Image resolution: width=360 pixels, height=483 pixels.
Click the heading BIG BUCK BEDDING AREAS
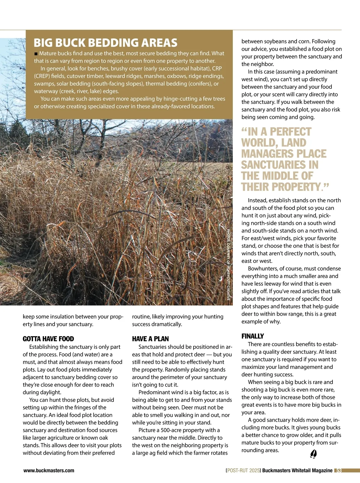[x=105, y=43]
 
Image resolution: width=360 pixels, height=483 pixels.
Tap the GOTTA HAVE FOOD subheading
[x=48, y=339]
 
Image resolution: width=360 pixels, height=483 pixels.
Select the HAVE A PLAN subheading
[x=150, y=339]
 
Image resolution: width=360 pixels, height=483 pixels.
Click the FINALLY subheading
[x=253, y=336]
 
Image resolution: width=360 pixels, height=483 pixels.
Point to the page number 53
[x=339, y=471]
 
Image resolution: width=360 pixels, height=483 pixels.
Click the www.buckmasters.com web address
[x=49, y=471]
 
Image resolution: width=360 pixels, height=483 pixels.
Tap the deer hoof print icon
[x=313, y=454]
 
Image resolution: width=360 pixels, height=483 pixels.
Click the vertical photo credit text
[x=228, y=264]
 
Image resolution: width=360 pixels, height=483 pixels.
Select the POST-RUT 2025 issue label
[x=243, y=471]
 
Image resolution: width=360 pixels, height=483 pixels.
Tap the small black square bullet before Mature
[x=36, y=54]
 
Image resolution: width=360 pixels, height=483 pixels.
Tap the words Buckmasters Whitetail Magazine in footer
[x=297, y=471]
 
